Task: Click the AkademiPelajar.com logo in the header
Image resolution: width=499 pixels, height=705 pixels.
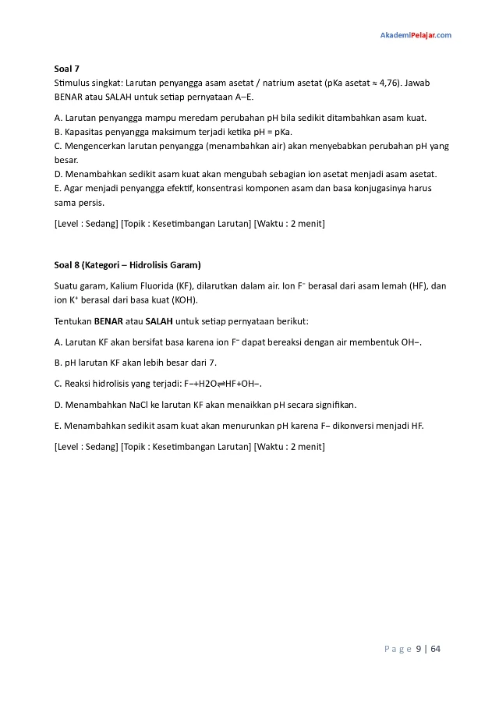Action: click(416, 35)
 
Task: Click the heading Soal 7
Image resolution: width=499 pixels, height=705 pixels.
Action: click(66, 69)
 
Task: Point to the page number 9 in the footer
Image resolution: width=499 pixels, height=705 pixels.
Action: click(419, 648)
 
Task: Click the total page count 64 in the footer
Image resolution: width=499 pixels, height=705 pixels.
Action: click(436, 648)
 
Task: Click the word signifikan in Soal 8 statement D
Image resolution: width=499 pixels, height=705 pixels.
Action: click(330, 405)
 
